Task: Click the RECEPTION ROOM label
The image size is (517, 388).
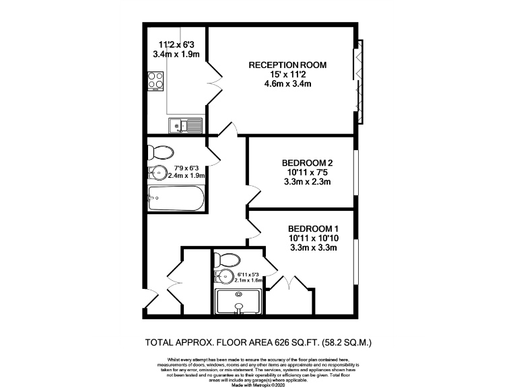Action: [287, 65]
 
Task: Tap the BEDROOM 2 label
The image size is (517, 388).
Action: [306, 163]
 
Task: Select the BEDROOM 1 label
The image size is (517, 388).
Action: [312, 228]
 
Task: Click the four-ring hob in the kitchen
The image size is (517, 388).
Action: [157, 82]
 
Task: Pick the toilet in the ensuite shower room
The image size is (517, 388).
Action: [230, 259]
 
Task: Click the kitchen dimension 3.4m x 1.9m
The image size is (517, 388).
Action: [176, 54]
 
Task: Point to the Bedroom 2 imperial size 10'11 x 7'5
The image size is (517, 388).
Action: [306, 172]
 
